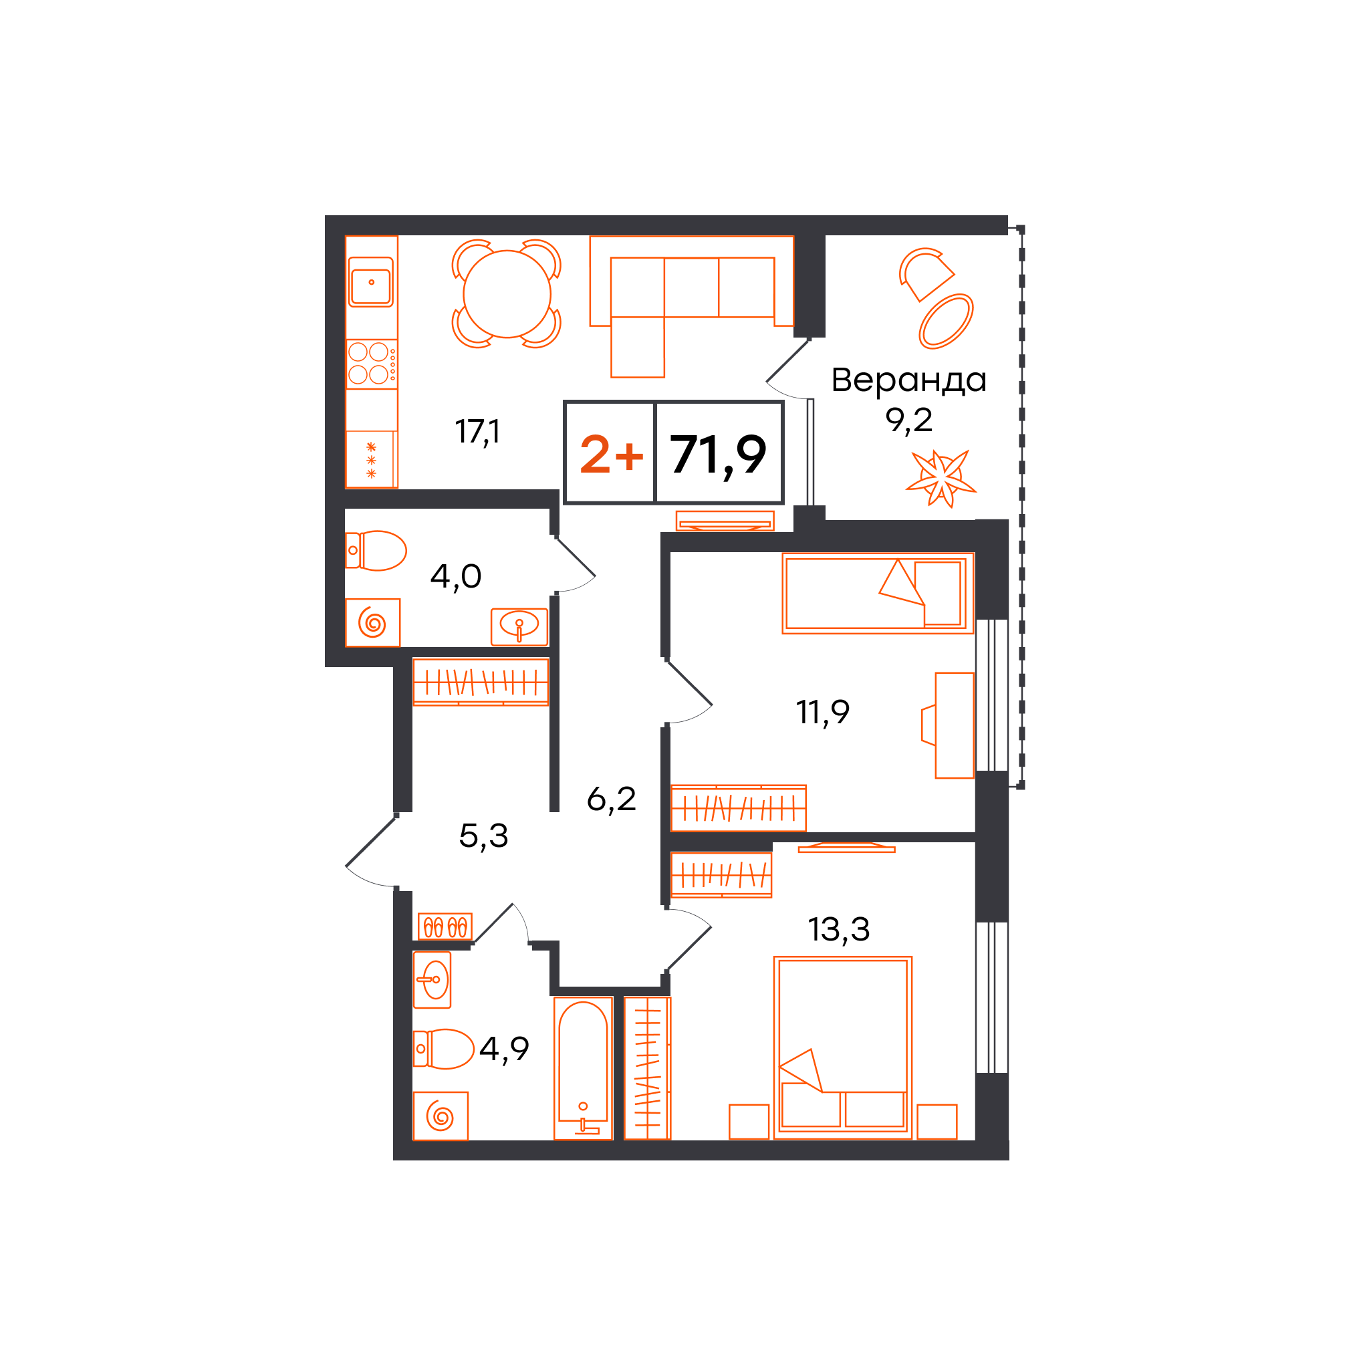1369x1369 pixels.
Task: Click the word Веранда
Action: coord(908,380)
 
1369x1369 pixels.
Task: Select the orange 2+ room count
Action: coord(612,454)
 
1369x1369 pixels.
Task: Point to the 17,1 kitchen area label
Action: coord(477,432)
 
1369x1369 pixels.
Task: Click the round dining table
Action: coord(507,294)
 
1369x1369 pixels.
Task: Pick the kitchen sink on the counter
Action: coord(370,282)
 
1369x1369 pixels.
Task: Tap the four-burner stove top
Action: coord(371,364)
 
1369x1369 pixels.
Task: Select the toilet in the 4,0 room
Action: coord(376,551)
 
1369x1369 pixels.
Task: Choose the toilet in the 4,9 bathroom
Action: coord(444,1049)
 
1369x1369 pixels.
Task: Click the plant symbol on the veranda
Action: coord(941,479)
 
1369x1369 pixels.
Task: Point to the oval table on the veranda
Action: coord(946,321)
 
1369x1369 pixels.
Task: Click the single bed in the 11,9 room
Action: coord(878,593)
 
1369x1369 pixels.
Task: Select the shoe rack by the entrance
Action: coord(445,926)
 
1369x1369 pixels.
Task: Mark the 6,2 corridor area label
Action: coord(611,799)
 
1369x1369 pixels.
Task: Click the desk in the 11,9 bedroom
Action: coord(954,725)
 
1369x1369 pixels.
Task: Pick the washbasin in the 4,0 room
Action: coord(519,626)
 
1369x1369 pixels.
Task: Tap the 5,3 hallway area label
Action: coord(483,837)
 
